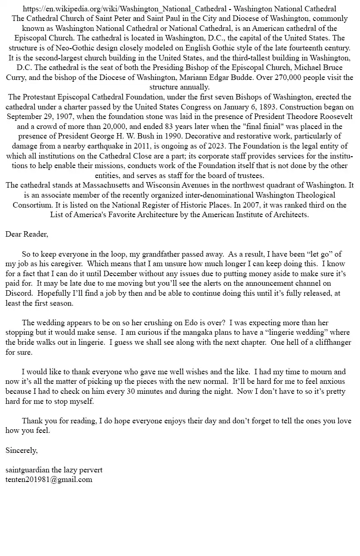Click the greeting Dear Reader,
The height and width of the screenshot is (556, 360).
[26, 234]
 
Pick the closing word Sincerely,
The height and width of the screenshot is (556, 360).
[21, 450]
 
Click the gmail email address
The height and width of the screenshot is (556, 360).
[49, 479]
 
